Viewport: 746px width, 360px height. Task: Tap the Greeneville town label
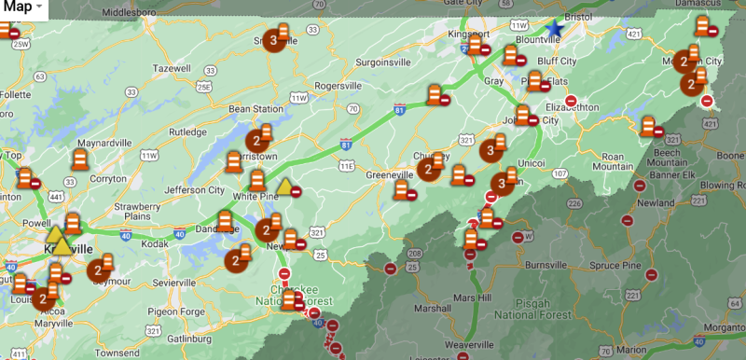tap(370, 175)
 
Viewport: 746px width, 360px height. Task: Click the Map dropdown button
tap(22, 7)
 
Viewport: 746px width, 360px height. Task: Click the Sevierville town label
tap(182, 282)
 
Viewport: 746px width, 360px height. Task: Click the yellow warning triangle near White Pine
tap(285, 186)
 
